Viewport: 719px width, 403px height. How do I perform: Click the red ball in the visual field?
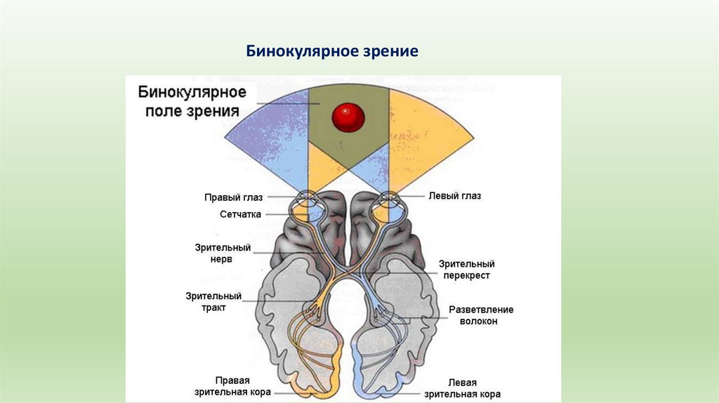tap(348, 117)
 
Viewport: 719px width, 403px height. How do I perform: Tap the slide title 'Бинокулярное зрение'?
tap(332, 51)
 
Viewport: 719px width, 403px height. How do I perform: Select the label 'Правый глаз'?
tap(233, 197)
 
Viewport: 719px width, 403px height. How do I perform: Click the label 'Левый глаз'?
tap(454, 196)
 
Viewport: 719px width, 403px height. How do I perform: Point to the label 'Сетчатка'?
tap(240, 214)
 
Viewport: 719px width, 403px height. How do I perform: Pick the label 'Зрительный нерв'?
tap(223, 253)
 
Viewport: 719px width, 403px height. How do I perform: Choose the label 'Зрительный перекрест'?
tap(466, 270)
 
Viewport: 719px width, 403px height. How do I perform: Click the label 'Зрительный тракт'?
tap(213, 302)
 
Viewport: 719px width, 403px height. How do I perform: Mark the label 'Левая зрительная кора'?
tap(461, 388)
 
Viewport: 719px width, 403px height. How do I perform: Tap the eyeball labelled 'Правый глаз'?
tap(307, 204)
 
